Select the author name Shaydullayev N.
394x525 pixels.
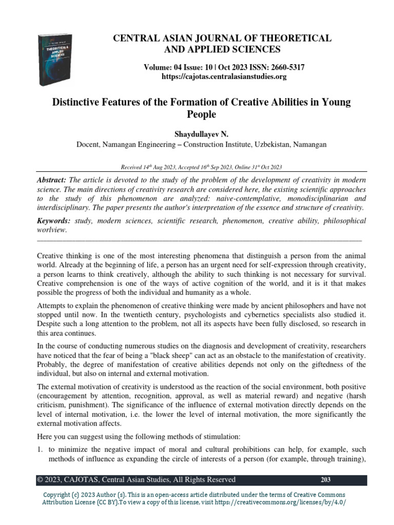tap(201, 133)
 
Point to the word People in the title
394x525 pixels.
tap(201, 114)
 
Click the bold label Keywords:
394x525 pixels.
tap(54, 221)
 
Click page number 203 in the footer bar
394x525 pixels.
tap(325, 480)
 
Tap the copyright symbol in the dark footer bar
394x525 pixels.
tap(40, 480)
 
